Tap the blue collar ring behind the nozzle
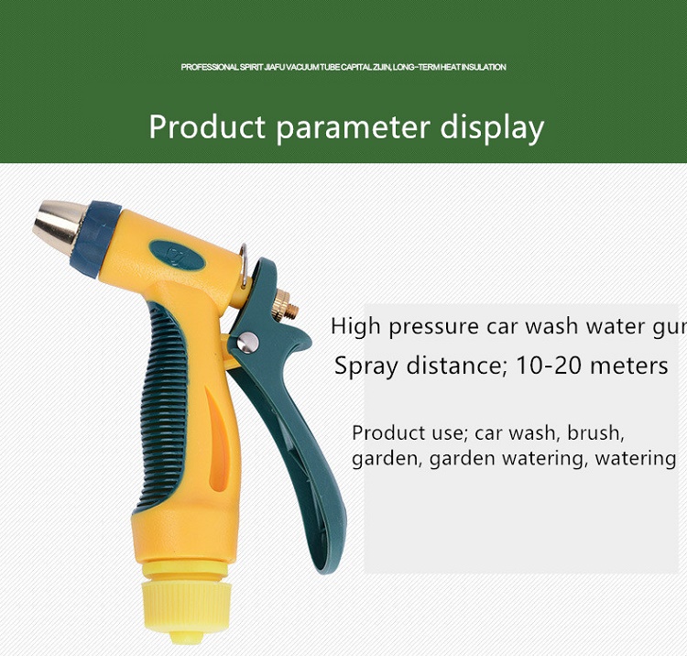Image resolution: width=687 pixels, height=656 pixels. point(102,238)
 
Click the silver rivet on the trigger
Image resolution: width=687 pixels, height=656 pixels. point(248,342)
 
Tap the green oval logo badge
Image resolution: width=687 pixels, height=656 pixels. point(177,255)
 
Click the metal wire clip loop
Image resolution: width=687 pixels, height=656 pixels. point(244,266)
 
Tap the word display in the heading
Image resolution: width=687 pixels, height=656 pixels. point(492,128)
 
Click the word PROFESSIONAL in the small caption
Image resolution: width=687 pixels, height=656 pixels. point(210,67)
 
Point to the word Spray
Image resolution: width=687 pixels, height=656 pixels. point(367,366)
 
